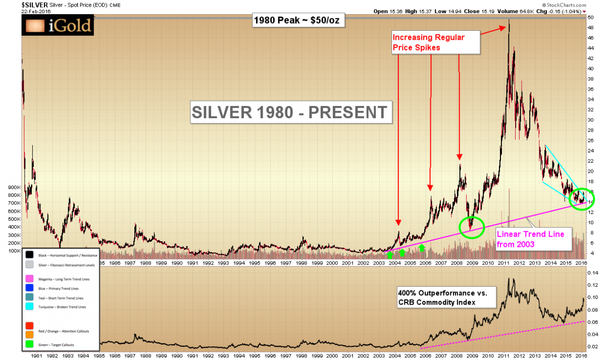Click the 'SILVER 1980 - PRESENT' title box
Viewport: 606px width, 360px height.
tap(290, 112)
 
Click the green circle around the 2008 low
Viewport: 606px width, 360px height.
tap(472, 227)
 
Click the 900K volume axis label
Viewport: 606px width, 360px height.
tap(11, 186)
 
